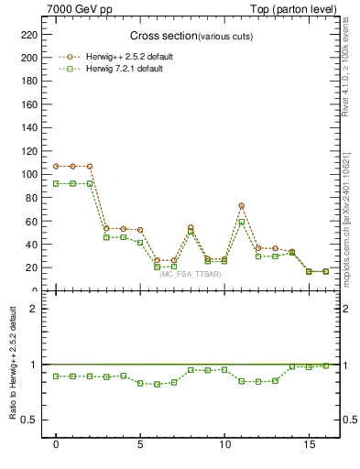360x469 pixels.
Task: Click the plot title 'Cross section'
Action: (157, 36)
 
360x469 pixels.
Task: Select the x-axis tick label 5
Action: (140, 444)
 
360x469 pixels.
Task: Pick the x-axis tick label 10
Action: (224, 444)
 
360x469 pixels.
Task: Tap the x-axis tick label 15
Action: (309, 444)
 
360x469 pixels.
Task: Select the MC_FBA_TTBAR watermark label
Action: (191, 275)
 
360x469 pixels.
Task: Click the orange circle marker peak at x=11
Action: (242, 206)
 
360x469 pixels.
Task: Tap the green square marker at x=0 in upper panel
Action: (56, 183)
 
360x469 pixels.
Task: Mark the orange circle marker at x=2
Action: (90, 166)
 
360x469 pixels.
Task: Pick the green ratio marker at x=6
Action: (157, 384)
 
